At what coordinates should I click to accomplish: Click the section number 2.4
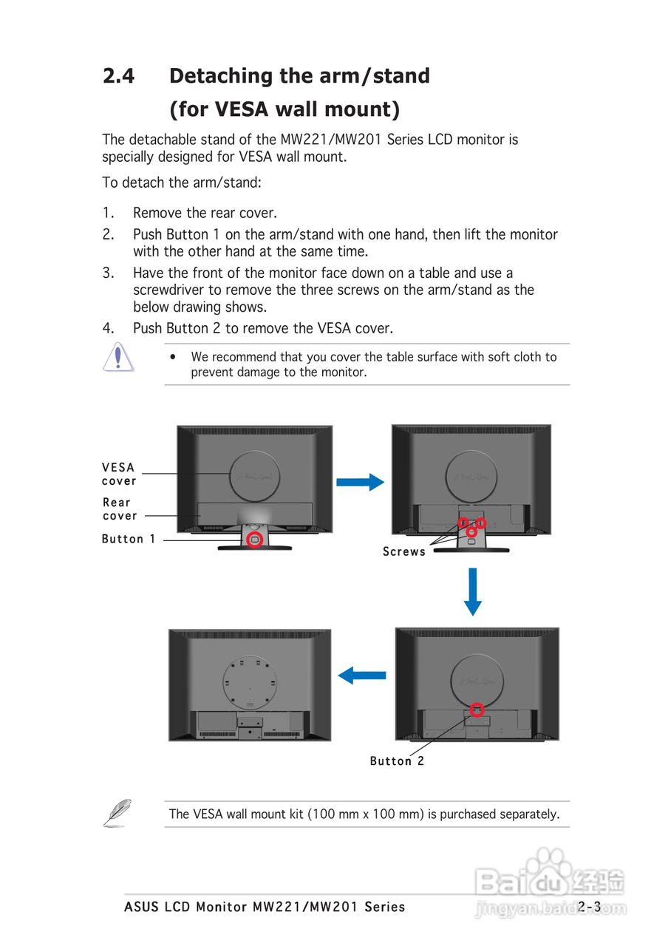pos(118,76)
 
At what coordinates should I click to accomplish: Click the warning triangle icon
pos(118,357)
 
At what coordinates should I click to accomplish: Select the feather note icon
pos(117,812)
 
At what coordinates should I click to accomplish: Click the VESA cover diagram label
pos(119,474)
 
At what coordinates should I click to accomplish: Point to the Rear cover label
pos(120,508)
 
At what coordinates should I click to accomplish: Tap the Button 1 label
pos(129,539)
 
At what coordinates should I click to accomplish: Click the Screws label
pos(404,551)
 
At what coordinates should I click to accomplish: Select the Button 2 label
pos(398,760)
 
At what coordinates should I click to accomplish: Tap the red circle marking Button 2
pos(477,709)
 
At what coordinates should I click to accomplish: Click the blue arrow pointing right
pos(360,483)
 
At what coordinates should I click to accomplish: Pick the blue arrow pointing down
pos(473,592)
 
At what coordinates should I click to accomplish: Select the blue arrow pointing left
pos(362,675)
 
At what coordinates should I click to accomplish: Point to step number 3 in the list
pos(108,273)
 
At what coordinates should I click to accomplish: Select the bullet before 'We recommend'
pos(172,357)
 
